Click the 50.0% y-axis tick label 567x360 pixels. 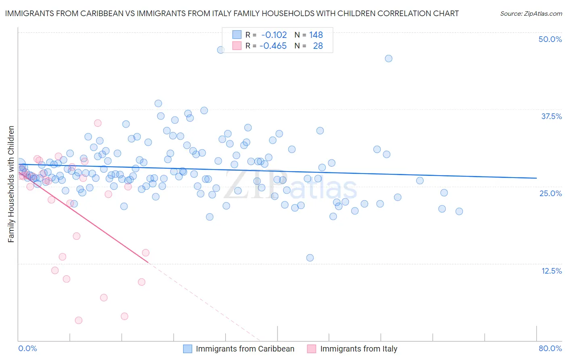(x=550, y=40)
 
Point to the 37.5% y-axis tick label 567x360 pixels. (x=551, y=117)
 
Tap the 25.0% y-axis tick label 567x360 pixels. (x=550, y=194)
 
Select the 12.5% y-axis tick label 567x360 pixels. (x=551, y=271)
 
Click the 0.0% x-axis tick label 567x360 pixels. (x=27, y=349)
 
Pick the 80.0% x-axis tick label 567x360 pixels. (x=550, y=349)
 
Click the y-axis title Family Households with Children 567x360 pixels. (x=11, y=184)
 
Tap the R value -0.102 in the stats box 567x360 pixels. (x=274, y=35)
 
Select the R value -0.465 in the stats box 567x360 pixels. (x=273, y=46)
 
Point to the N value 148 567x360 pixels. (x=316, y=35)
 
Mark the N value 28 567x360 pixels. (x=318, y=46)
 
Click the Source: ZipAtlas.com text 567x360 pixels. (x=531, y=14)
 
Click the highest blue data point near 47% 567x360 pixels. (x=221, y=50)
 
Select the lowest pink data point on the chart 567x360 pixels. (x=79, y=320)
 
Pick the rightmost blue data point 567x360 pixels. (x=459, y=211)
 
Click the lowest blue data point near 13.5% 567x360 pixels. (x=310, y=258)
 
